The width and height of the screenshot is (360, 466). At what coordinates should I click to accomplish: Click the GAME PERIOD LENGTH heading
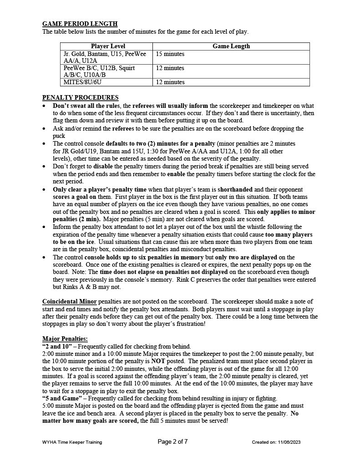tap(80, 24)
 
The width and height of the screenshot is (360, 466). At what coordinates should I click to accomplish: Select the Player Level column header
tap(108, 46)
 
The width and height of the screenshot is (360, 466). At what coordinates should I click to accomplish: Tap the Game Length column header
tap(231, 46)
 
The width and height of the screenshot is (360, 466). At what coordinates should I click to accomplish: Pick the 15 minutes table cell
tap(170, 54)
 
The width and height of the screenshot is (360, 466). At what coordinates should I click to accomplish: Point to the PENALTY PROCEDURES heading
tap(80, 97)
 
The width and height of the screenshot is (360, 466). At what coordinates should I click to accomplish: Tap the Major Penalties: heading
tap(65, 339)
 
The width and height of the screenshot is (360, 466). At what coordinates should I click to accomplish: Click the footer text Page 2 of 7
tap(172, 442)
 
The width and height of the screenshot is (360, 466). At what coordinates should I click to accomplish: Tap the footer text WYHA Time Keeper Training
tap(72, 442)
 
